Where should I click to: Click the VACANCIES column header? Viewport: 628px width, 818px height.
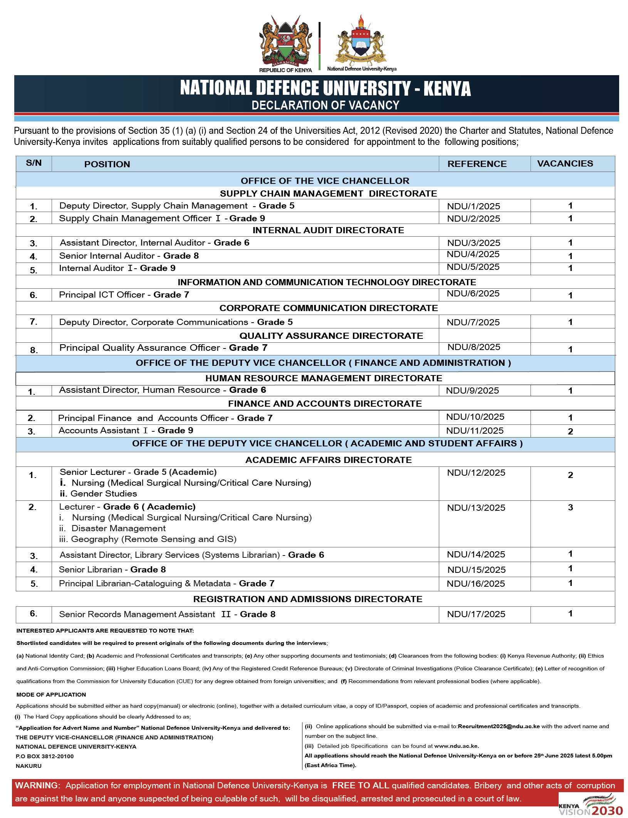pos(565,164)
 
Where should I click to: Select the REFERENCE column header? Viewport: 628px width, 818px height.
pos(477,164)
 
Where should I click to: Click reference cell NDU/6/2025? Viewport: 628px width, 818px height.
pos(473,294)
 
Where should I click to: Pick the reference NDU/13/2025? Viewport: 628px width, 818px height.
pos(476,508)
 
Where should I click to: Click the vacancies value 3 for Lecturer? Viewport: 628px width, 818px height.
pos(570,508)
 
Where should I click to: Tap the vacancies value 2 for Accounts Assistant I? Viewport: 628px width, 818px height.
pos(570,431)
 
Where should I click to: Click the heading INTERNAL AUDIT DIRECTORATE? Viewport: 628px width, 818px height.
pos(328,231)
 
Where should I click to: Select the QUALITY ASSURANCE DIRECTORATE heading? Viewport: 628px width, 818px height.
pos(331,336)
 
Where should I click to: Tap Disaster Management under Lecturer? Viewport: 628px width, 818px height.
pos(118,529)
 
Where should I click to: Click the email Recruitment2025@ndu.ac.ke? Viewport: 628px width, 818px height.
pos(499,727)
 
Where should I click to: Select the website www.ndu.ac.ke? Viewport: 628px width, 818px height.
pos(456,746)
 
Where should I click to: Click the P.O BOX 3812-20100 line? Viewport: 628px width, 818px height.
pos(45,756)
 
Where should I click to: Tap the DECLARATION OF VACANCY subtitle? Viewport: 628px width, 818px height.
pos(325,105)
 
